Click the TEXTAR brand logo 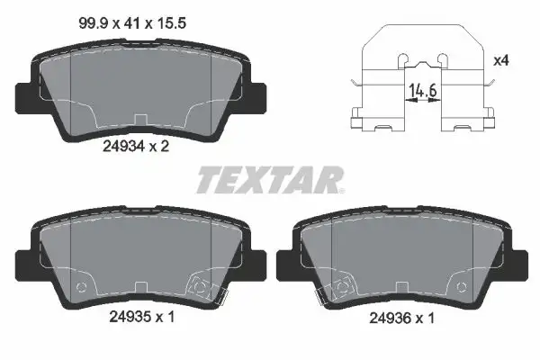pyautogui.click(x=269, y=179)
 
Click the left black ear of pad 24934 pyautogui.click(x=27, y=94)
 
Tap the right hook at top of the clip pyautogui.click(x=443, y=60)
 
